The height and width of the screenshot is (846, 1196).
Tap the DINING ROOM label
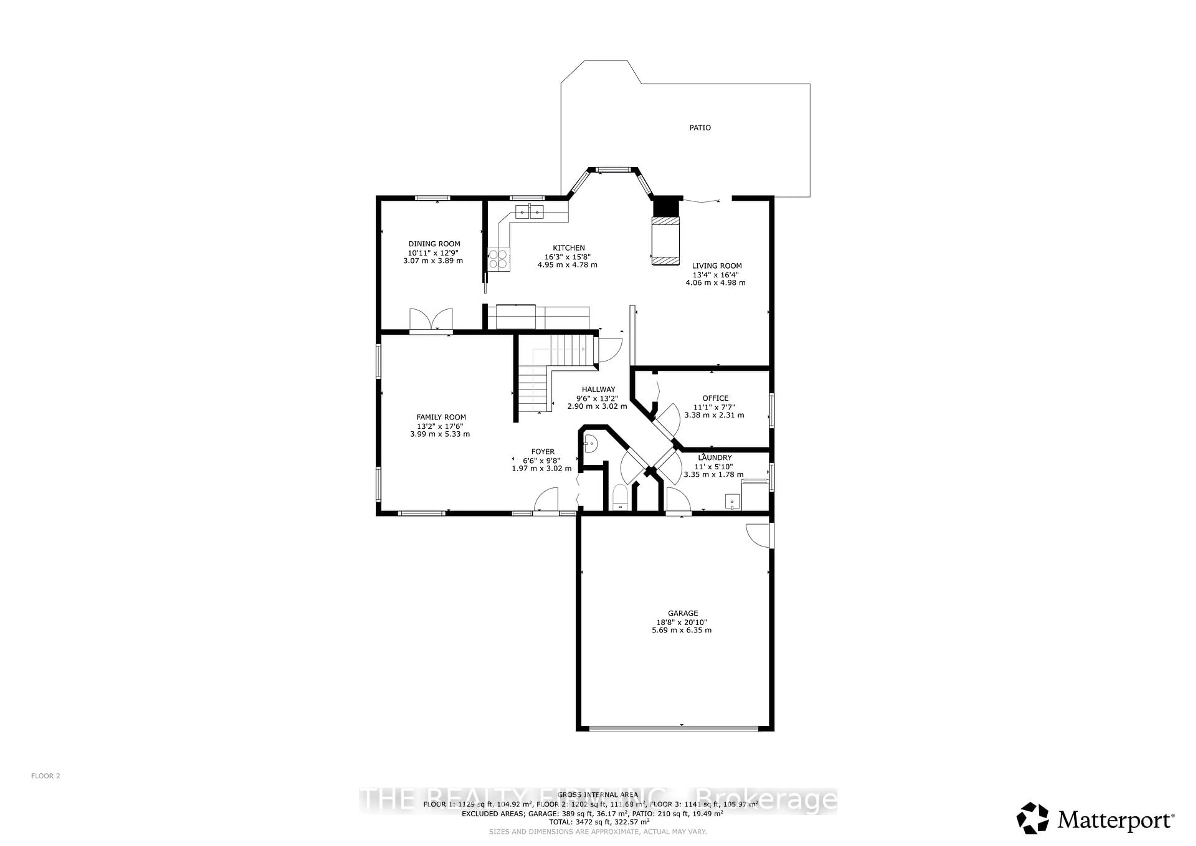(434, 244)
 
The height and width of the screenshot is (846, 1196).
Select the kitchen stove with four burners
(498, 259)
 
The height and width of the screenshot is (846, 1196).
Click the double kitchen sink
(529, 211)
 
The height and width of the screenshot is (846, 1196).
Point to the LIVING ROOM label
(716, 266)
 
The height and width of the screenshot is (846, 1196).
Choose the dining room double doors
(431, 319)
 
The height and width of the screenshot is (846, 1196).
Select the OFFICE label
(715, 398)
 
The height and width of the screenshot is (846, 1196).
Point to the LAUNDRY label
(715, 457)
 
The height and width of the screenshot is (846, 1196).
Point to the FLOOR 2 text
(46, 776)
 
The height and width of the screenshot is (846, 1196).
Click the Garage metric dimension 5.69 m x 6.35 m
(681, 630)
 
